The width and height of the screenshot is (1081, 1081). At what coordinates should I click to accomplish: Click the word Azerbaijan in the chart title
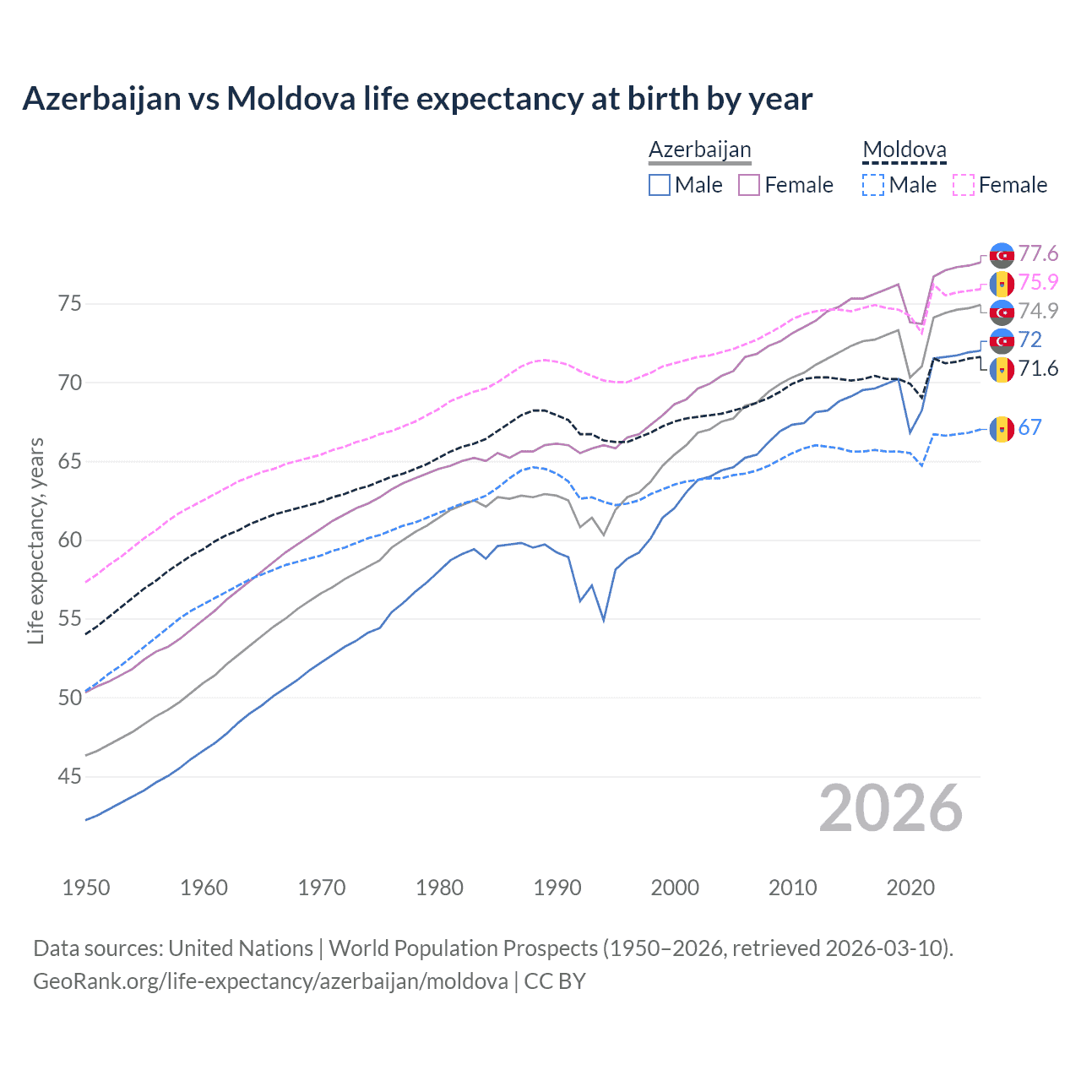pyautogui.click(x=101, y=99)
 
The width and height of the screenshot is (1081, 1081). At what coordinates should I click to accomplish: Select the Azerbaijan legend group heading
pyautogui.click(x=699, y=149)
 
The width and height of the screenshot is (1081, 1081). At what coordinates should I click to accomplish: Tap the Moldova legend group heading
pyautogui.click(x=904, y=149)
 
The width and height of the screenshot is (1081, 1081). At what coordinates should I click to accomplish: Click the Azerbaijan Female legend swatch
pyautogui.click(x=749, y=185)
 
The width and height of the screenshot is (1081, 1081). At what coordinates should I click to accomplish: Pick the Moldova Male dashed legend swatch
pyautogui.click(x=873, y=185)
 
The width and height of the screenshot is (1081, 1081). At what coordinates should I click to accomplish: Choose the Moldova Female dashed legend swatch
pyautogui.click(x=964, y=185)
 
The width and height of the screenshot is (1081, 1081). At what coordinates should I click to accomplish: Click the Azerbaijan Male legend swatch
pyautogui.click(x=660, y=185)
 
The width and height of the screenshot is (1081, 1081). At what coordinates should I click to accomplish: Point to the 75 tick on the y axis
pyautogui.click(x=69, y=304)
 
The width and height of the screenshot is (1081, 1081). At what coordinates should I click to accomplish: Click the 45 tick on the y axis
pyautogui.click(x=69, y=776)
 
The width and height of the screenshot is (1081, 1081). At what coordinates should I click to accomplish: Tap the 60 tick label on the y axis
pyautogui.click(x=69, y=540)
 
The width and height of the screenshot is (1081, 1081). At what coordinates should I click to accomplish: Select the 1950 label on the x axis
pyautogui.click(x=86, y=888)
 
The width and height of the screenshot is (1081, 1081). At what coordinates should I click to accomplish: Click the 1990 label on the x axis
pyautogui.click(x=557, y=888)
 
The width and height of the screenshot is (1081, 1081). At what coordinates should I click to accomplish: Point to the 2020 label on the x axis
pyautogui.click(x=910, y=888)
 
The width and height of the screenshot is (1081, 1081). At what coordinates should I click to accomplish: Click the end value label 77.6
pyautogui.click(x=1038, y=254)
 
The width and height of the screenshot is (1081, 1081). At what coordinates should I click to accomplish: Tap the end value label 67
pyautogui.click(x=1029, y=428)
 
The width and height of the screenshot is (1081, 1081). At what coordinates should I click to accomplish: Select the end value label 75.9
pyautogui.click(x=1038, y=283)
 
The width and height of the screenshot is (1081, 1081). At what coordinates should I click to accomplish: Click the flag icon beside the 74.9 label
pyautogui.click(x=1002, y=312)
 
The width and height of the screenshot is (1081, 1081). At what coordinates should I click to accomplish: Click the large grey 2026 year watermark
pyautogui.click(x=890, y=808)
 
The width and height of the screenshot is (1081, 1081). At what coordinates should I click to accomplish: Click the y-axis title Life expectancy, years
pyautogui.click(x=36, y=540)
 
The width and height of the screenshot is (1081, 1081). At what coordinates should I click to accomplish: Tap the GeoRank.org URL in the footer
pyautogui.click(x=270, y=981)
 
